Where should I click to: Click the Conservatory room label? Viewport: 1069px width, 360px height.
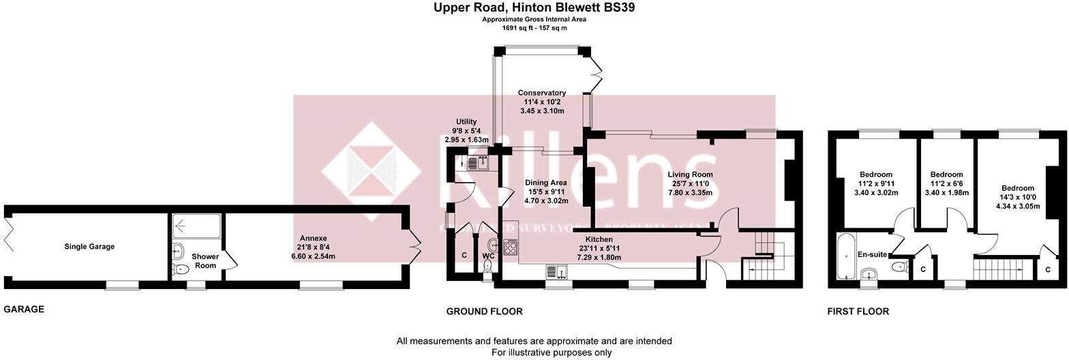point(542,93)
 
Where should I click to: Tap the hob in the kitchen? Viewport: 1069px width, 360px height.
point(511,246)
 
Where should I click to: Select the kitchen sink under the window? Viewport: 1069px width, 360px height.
point(557,273)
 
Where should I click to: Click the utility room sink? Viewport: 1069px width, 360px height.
point(477,162)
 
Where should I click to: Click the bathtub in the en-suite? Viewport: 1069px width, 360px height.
point(845,256)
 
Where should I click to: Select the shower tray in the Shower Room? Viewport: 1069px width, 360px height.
point(196,226)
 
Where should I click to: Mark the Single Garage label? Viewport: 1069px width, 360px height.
point(89,246)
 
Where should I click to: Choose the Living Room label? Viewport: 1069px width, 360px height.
point(690,175)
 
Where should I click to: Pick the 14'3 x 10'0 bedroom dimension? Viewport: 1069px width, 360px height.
point(1018,198)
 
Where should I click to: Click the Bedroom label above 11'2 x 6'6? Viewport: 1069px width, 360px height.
point(946,175)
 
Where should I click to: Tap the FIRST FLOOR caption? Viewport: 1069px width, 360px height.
point(858,312)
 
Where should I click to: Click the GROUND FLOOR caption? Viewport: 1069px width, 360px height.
point(484,312)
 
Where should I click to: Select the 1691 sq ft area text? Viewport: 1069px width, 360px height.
point(534,28)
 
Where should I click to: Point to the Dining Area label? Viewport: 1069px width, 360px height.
point(545,183)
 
